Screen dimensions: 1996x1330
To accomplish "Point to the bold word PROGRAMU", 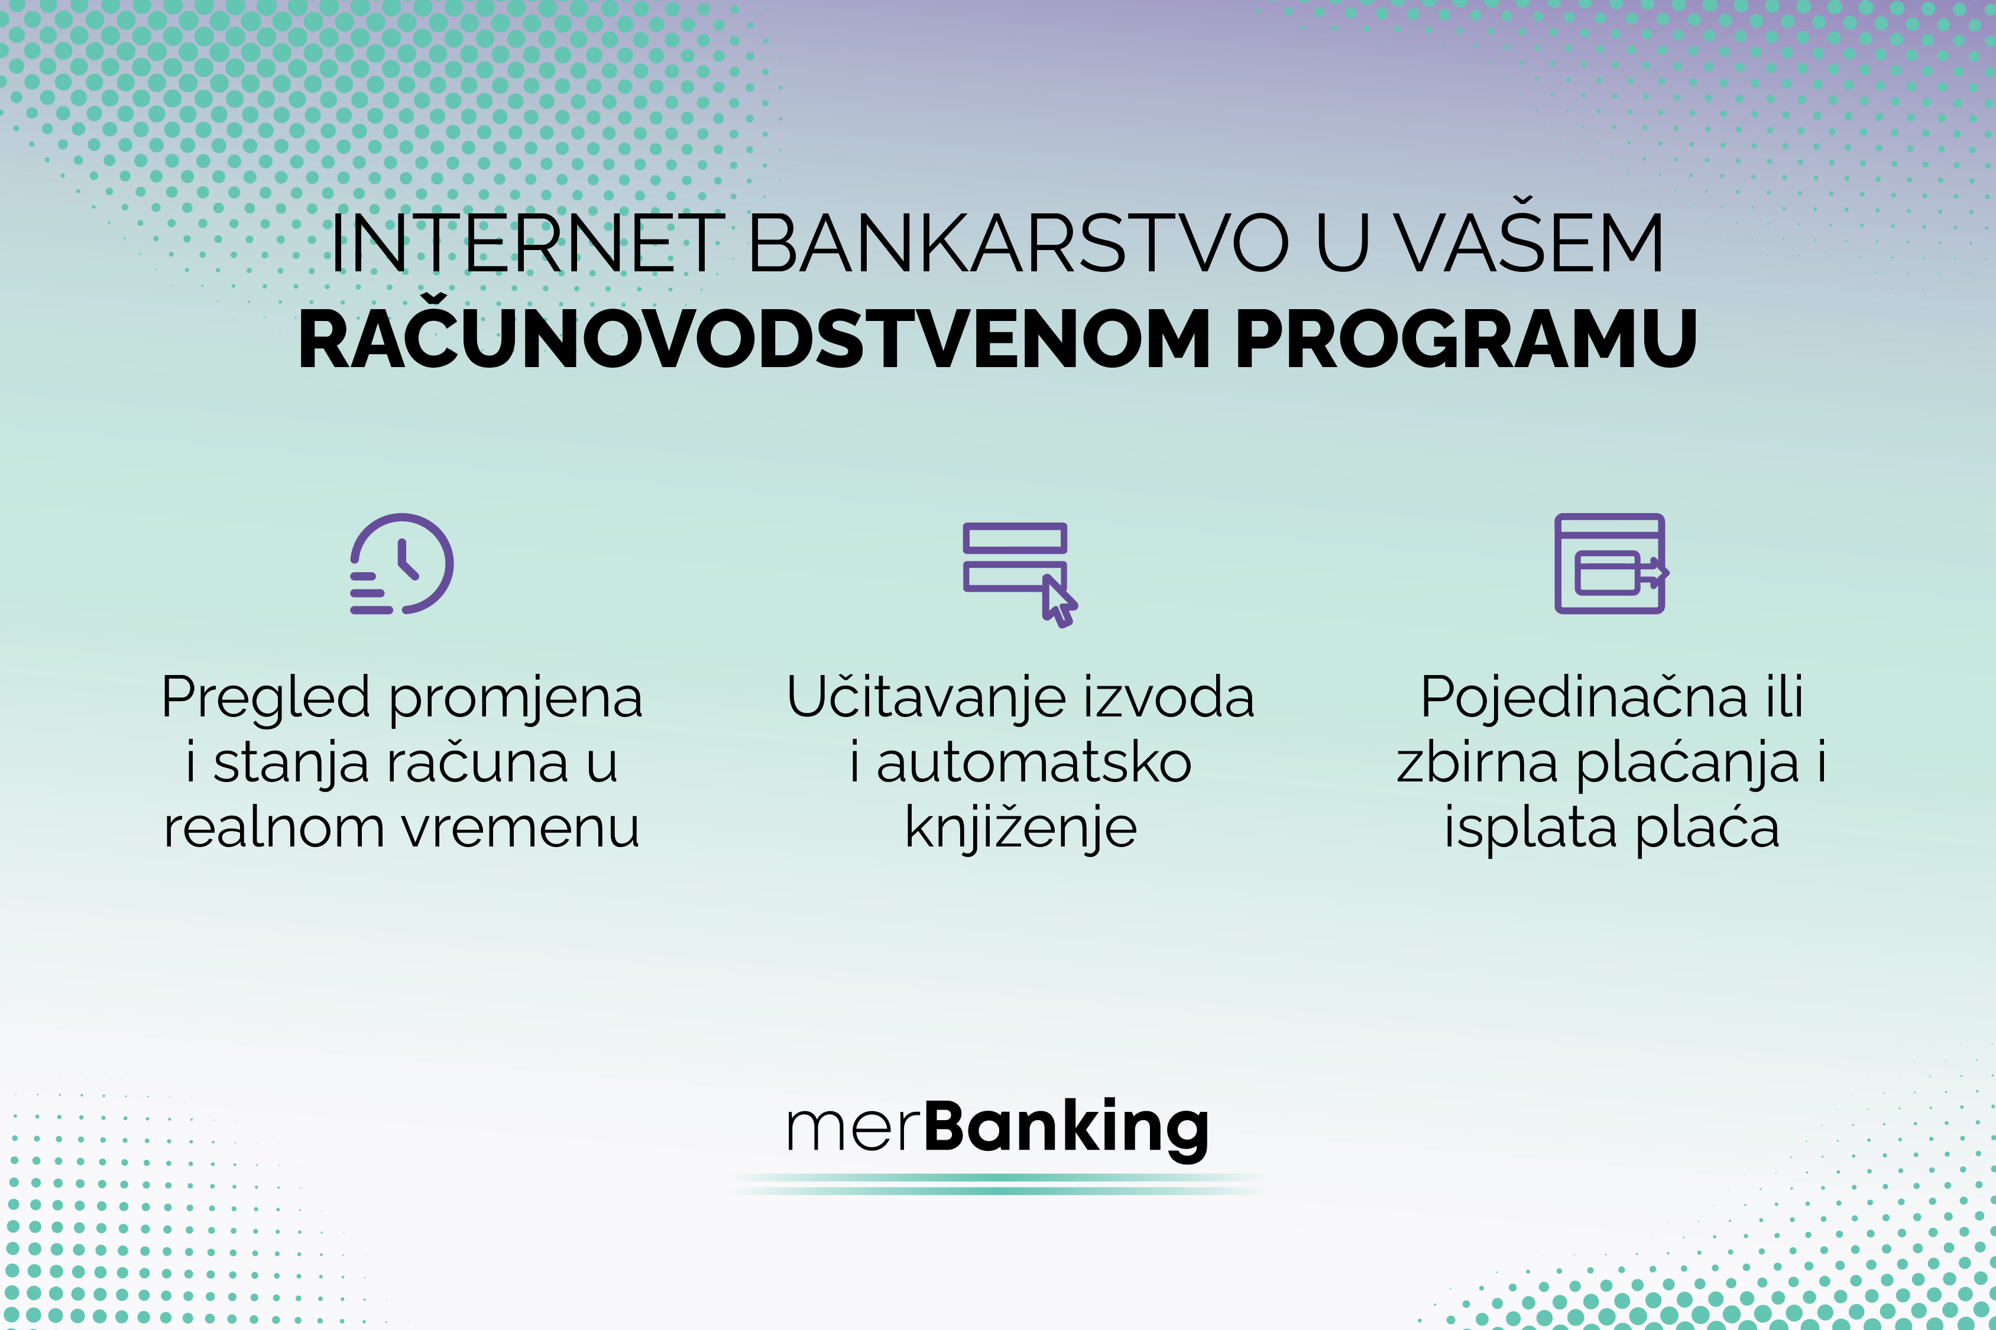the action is [1465, 339].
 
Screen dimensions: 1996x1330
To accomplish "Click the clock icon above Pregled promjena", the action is [402, 563].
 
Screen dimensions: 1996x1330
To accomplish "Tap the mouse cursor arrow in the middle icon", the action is [1059, 601].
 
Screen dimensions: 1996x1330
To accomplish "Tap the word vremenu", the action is [521, 828].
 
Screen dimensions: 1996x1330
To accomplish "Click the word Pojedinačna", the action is [1584, 698].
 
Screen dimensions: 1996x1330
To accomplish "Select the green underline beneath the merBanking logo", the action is [997, 1184].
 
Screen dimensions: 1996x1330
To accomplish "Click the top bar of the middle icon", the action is [1015, 538].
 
